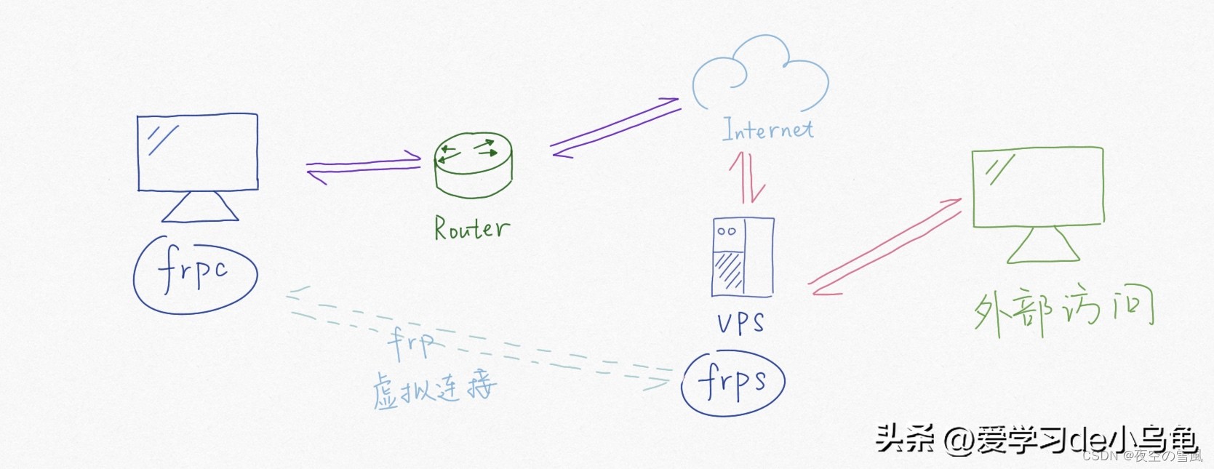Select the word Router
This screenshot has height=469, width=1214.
coord(471,228)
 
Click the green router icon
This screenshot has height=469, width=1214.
coord(474,165)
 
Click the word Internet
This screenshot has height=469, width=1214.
coord(767,130)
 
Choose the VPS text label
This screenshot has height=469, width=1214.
coord(740,323)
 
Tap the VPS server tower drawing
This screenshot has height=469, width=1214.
coord(743,257)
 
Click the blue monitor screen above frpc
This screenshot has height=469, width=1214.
coord(198,152)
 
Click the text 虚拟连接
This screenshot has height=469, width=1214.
coord(434,389)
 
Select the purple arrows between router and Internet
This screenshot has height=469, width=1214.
coord(615,128)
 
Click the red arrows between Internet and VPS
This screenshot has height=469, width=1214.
coord(748,177)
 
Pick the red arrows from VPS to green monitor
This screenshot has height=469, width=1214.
coord(886,247)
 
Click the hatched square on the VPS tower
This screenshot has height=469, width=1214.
coord(728,271)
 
